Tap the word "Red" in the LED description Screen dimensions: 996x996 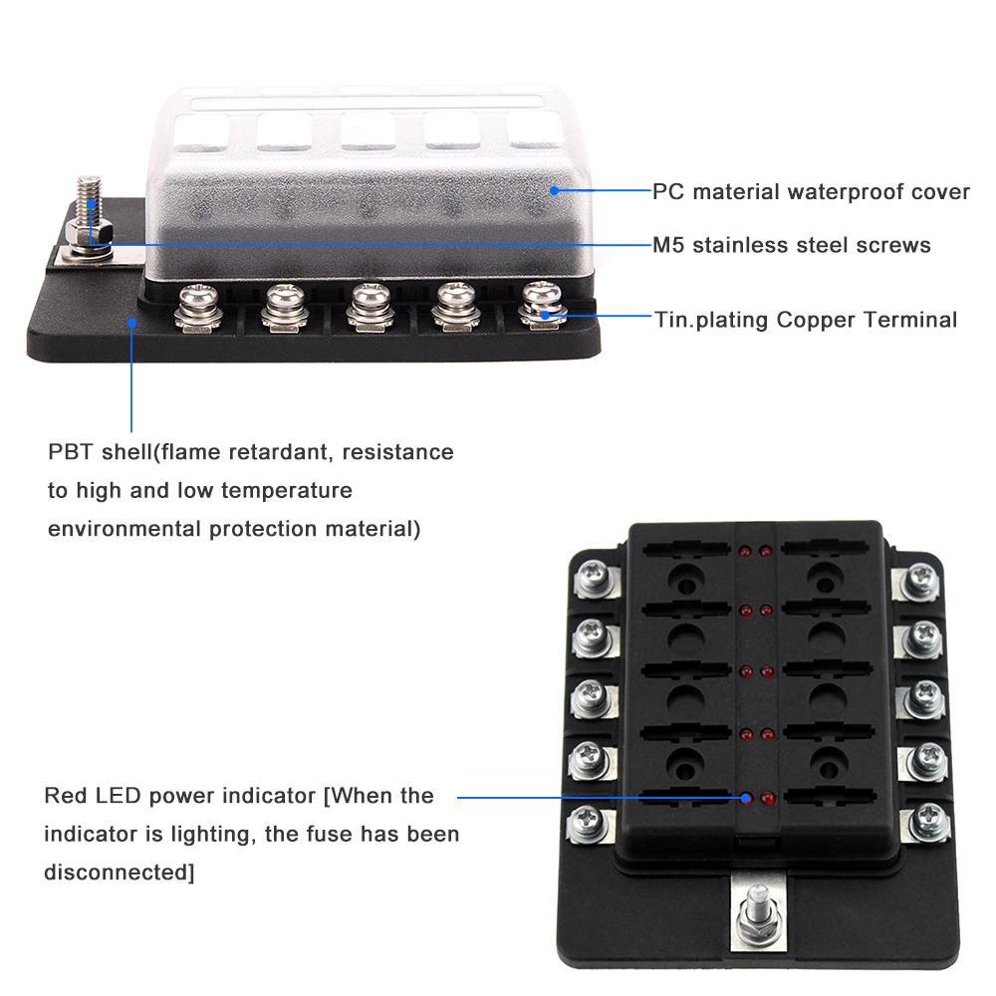65,796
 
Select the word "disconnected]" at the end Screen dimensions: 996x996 119,871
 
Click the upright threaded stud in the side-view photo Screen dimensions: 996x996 91,204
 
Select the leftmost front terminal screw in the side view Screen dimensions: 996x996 194,307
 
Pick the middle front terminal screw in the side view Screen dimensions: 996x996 368,307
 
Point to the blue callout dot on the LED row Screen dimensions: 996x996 746,797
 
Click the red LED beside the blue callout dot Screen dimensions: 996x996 766,798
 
